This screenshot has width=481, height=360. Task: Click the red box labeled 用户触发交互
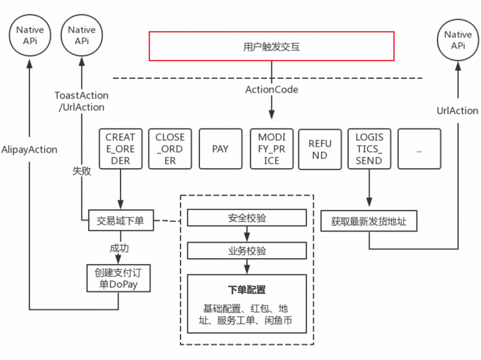coord(272,47)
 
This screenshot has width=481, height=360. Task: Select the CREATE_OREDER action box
coord(120,149)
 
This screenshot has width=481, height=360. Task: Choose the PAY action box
coord(220,149)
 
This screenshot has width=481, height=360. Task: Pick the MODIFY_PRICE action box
coord(272,149)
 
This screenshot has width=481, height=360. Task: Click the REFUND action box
coord(319,149)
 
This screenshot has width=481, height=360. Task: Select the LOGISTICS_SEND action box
coord(369,149)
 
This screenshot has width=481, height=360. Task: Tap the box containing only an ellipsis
coord(419,149)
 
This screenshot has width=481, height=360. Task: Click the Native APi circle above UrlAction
coord(457,40)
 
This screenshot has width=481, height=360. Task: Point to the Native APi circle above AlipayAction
coord(30,35)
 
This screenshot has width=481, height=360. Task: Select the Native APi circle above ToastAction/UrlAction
coord(81,35)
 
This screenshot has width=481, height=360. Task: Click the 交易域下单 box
coord(120,221)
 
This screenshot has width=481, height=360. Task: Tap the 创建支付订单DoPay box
coord(119,279)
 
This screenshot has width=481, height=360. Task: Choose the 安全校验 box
coord(247,218)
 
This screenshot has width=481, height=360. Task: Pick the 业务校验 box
coord(247,251)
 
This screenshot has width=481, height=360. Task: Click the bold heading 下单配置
coord(247,290)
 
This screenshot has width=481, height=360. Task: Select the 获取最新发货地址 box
coord(368,222)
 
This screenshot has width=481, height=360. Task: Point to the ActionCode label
coord(272,90)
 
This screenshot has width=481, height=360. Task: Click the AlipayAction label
coord(29,150)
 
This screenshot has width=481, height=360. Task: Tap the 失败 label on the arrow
coord(81,171)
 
